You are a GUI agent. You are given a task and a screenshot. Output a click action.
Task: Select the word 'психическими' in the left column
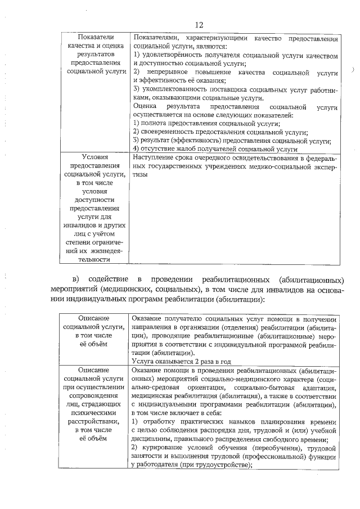click(x=94, y=412)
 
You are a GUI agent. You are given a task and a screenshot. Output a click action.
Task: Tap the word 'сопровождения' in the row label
click(x=94, y=395)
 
